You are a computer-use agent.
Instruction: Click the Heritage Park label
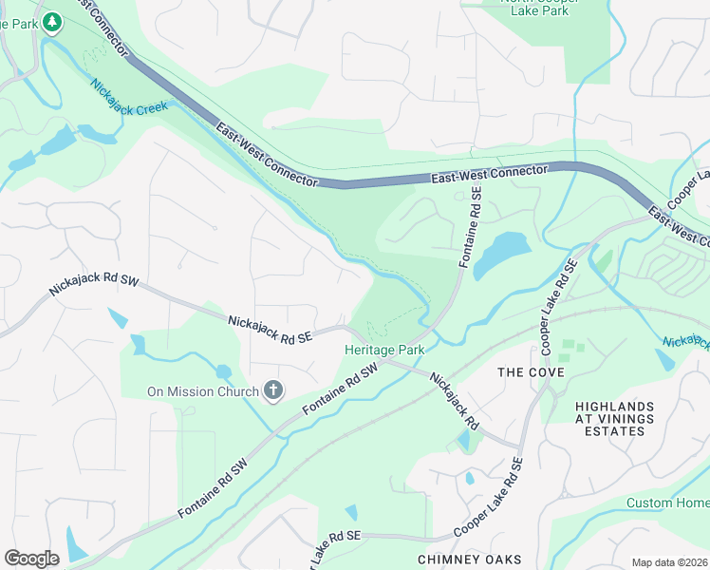pos(383,351)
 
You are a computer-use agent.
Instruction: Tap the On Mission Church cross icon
pos(273,391)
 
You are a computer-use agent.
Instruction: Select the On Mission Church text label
pos(202,391)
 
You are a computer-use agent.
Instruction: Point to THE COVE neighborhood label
pos(532,372)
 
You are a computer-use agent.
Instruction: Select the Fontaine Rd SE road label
pos(471,226)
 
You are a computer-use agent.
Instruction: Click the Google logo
pos(31,558)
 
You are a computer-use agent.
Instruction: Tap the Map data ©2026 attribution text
pos(670,562)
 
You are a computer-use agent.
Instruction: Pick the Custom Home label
pos(667,503)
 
